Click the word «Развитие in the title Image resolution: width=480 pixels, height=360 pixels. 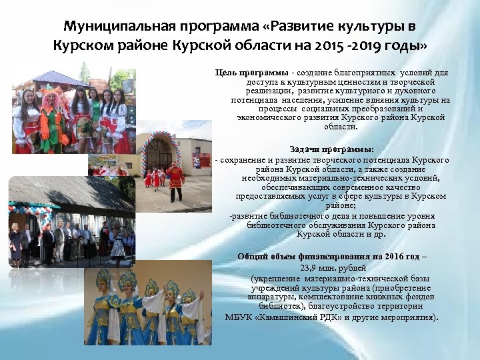pyautogui.click(x=311, y=27)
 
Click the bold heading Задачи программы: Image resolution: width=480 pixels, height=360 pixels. pyautogui.click(x=332, y=149)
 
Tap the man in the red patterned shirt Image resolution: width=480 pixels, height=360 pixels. pyautogui.click(x=175, y=180)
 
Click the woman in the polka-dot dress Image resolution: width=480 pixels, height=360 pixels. pyautogui.click(x=118, y=243)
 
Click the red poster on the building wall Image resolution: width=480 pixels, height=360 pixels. pyautogui.click(x=196, y=161)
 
